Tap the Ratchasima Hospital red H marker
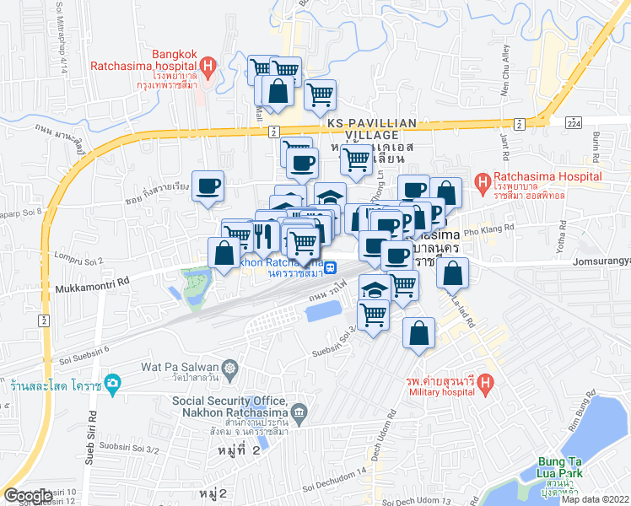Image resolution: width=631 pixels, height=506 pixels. coord(483,181)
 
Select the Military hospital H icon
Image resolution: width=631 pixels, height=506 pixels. coord(485,385)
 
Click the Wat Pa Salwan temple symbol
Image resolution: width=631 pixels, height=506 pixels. coord(229,368)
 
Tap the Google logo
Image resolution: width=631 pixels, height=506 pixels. coord(28,496)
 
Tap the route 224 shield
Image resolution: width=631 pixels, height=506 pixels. coord(574,123)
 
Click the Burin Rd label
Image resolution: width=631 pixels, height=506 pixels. coord(595,147)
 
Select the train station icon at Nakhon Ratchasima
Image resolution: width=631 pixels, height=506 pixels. coord(332,268)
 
